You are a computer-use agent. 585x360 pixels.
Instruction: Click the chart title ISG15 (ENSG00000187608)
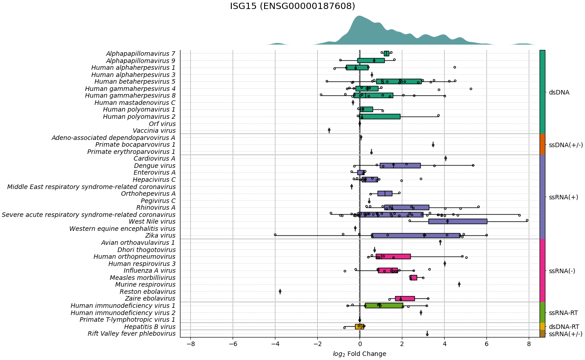292,6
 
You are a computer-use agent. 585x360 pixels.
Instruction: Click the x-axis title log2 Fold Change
359,354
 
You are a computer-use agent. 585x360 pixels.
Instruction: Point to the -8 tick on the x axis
190,344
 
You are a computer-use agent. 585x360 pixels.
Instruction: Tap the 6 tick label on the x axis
486,344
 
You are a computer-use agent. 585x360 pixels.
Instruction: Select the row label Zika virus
160,235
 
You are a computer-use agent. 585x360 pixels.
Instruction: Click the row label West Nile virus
152,221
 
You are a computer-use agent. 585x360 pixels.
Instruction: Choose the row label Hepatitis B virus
150,327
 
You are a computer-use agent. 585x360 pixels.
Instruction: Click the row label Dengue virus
155,166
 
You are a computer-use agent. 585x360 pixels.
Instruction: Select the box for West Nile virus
458,221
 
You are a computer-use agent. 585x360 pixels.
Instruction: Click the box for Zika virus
416,235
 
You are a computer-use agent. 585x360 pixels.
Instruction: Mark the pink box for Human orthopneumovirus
393,256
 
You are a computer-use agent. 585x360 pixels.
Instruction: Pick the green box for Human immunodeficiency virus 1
384,306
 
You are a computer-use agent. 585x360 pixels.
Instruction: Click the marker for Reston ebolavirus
280,292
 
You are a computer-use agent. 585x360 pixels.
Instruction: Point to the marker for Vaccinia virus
329,130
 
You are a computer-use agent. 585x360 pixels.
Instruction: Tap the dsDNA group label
559,92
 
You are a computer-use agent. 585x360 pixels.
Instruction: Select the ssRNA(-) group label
562,271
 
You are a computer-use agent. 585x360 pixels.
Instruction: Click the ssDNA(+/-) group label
566,145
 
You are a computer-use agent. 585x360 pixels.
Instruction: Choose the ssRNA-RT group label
563,313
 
